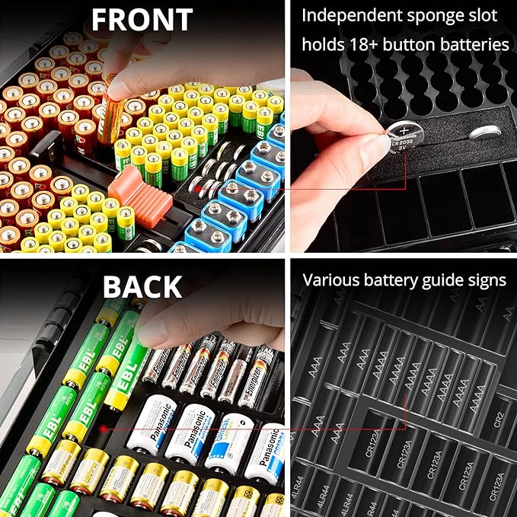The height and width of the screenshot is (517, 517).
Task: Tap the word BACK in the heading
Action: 142,286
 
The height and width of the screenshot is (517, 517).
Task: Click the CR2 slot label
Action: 499,417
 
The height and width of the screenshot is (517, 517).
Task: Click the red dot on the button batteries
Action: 197,185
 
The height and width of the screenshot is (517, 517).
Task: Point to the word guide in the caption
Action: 437,280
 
